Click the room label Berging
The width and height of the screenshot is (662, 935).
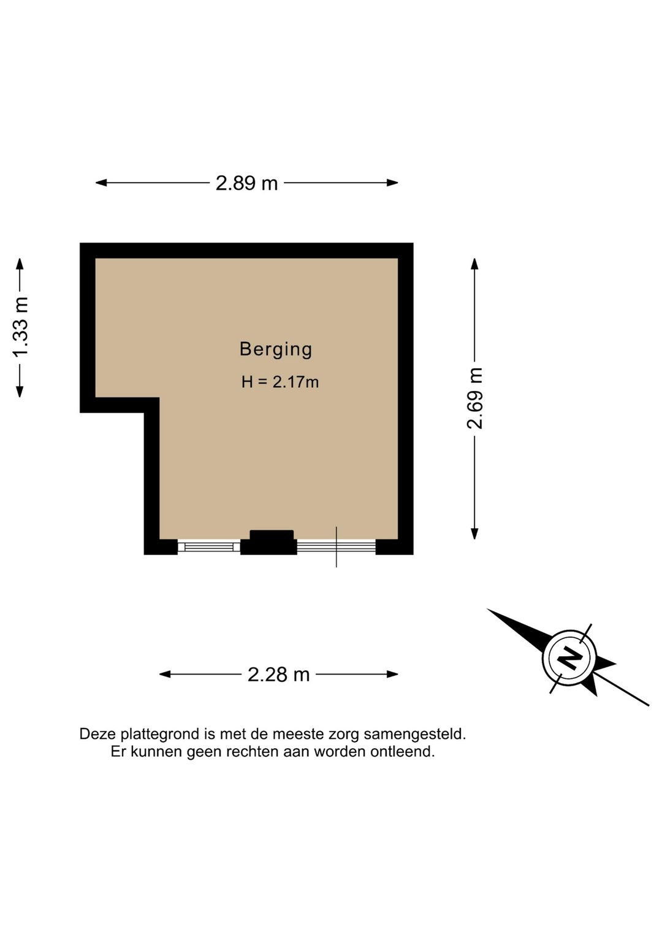point(276,350)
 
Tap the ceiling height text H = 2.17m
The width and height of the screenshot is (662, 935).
point(280,382)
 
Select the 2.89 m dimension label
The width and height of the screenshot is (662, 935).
point(246,183)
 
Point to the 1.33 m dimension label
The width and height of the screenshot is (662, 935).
point(20,327)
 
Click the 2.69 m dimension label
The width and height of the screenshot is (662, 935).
point(474,398)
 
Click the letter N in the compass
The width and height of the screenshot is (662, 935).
point(569,657)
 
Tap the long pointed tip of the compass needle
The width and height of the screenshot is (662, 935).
point(488,610)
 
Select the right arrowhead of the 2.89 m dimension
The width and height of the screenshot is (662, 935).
point(393,183)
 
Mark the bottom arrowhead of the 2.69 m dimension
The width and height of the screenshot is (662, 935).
point(474,534)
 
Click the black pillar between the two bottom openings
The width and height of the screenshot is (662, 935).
point(268,543)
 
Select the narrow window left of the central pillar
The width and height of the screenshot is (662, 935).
point(209,547)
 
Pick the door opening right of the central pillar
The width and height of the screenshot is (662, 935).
point(337,547)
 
